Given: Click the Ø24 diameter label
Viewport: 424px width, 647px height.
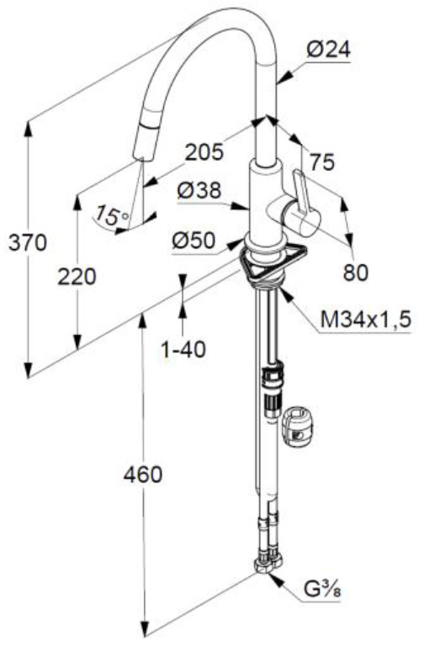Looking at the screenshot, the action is point(329,50).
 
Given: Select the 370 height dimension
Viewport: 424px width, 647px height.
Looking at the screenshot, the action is point(28,242).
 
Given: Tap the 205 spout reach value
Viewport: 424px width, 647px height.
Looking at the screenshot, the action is point(204,151).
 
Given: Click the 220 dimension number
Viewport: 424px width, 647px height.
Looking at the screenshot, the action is point(77,277).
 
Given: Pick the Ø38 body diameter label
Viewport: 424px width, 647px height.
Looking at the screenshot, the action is point(199,191).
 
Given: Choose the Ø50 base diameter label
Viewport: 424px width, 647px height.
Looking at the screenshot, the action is point(193,240).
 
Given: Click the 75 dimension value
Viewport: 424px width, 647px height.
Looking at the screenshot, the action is point(323,162).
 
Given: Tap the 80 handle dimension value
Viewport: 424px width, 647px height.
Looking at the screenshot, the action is point(356,273).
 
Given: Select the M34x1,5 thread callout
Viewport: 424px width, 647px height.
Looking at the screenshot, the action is point(366,320).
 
